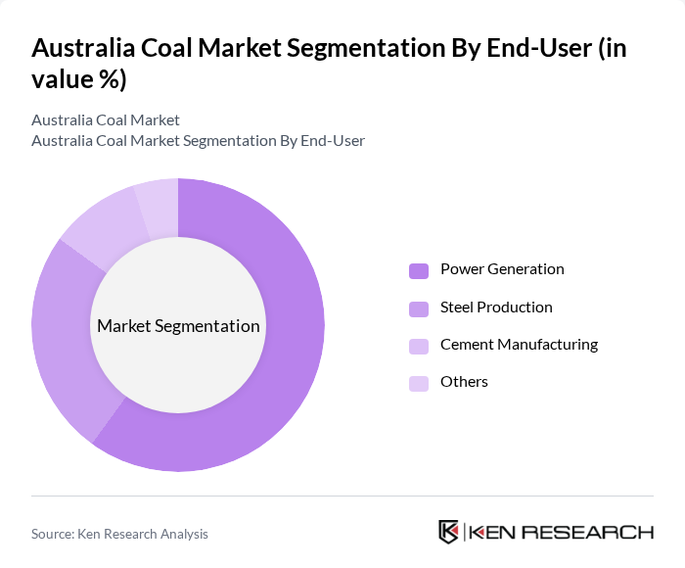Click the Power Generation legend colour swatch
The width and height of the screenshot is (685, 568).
click(x=419, y=270)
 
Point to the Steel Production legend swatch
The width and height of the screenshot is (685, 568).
click(x=419, y=308)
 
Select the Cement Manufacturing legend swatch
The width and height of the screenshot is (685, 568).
click(x=419, y=346)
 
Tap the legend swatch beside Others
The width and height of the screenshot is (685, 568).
click(x=419, y=383)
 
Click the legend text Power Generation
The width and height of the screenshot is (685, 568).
click(x=502, y=269)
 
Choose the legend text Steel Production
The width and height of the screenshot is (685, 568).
click(x=496, y=308)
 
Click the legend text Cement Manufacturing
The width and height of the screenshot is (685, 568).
click(x=519, y=345)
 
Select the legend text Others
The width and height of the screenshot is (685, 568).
click(x=464, y=382)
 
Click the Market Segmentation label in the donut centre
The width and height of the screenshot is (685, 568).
click(x=178, y=326)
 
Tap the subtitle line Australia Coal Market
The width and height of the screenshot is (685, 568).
click(x=106, y=120)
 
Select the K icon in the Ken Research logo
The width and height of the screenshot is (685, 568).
click(x=448, y=532)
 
